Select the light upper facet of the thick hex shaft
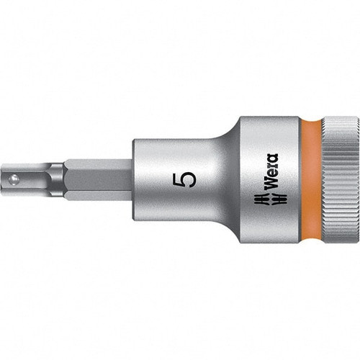[x=97, y=166]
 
